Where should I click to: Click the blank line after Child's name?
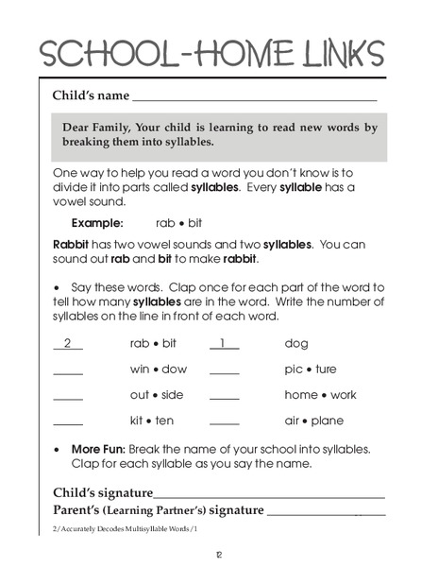click(x=254, y=97)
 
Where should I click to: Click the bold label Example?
click(x=97, y=224)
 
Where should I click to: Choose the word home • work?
click(x=320, y=395)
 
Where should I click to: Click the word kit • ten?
click(x=151, y=421)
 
